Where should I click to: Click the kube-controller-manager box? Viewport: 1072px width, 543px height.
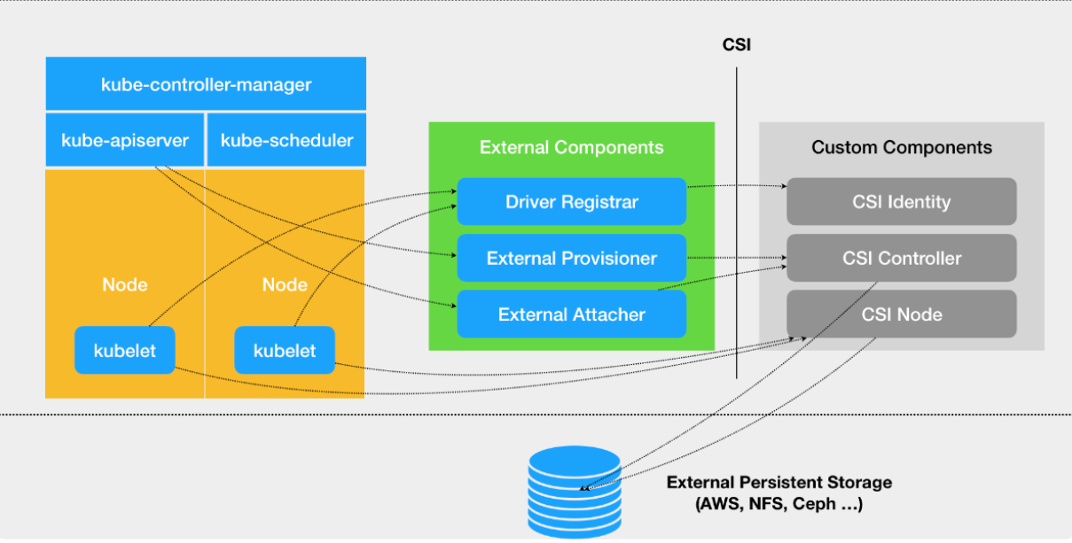tap(206, 83)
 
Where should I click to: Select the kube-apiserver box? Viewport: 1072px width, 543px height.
tap(125, 140)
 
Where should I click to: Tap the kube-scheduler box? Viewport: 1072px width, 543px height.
tap(286, 140)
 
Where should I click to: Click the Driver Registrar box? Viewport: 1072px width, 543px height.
tap(571, 202)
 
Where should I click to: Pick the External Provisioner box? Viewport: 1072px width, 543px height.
tap(571, 258)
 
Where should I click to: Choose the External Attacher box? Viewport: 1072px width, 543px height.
tap(571, 314)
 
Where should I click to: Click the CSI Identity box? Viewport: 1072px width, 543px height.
tap(902, 202)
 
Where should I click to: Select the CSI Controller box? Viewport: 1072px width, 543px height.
tap(902, 258)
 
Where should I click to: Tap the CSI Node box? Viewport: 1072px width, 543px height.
tap(902, 314)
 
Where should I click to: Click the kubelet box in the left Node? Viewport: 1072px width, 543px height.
tap(125, 351)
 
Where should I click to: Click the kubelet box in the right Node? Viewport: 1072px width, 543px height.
tap(285, 351)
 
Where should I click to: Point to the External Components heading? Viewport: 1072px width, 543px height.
tap(571, 147)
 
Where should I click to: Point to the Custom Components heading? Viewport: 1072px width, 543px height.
tap(902, 147)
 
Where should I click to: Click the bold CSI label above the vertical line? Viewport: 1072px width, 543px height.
tap(737, 44)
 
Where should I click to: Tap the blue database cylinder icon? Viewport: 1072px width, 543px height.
tap(575, 493)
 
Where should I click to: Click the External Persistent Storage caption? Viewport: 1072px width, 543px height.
tap(779, 493)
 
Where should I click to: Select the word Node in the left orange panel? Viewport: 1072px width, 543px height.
tap(125, 285)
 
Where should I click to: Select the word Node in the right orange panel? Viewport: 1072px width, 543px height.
tap(285, 285)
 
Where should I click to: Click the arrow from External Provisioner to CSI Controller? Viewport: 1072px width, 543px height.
tap(737, 258)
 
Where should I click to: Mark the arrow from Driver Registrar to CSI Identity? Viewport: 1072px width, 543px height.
tap(737, 185)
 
